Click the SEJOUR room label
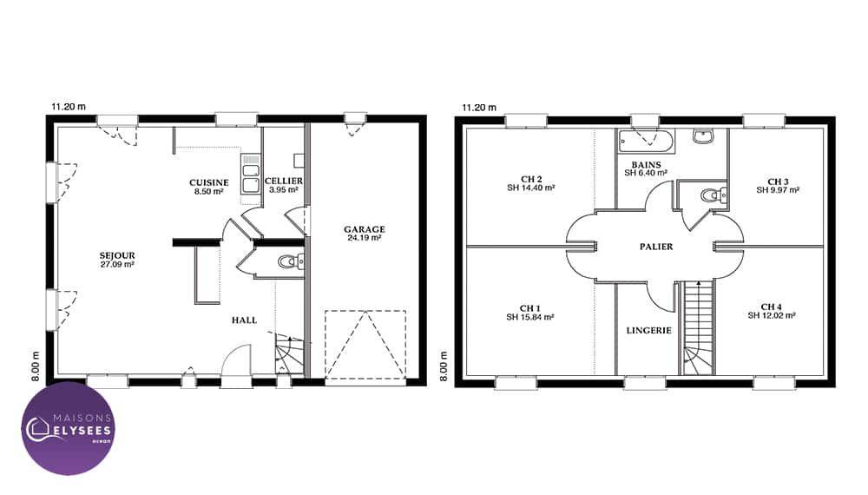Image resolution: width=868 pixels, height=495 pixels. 117,261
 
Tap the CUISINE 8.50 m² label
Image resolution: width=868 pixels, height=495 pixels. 208,188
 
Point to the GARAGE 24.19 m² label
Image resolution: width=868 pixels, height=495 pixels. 365,234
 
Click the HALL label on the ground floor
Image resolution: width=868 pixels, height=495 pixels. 244,320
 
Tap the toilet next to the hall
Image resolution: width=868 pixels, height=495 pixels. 291,261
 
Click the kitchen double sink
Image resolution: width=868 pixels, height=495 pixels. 251,174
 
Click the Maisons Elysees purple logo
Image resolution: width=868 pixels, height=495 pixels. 68,428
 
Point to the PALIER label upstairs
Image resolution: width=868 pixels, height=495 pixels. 656,247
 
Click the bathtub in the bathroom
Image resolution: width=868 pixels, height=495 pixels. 646,142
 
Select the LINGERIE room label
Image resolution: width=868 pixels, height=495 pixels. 648,331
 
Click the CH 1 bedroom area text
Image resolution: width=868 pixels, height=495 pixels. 530,313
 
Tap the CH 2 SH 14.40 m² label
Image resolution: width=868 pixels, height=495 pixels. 531,184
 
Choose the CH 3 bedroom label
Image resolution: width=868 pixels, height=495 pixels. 778,186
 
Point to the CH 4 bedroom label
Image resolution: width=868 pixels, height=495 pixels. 772,311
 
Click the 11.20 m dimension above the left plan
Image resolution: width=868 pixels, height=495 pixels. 69,107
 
